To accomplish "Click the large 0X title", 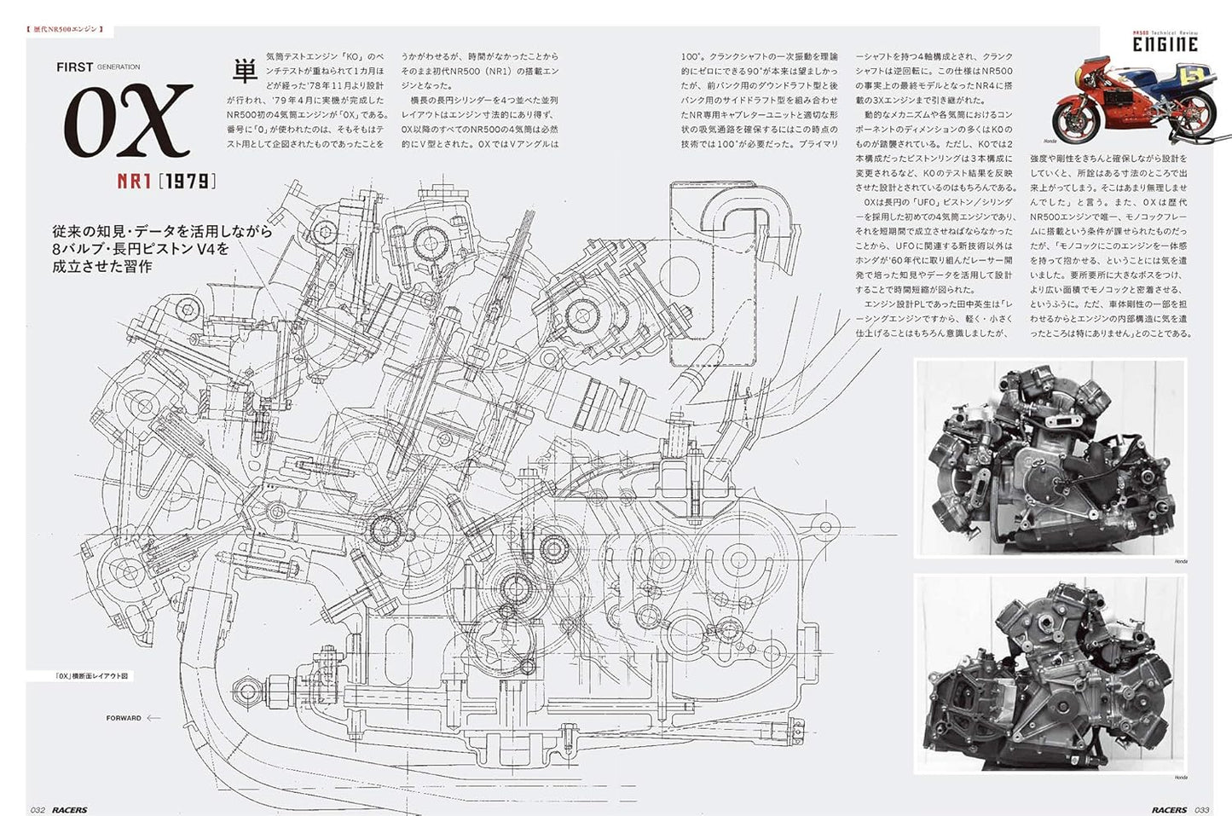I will (129, 121).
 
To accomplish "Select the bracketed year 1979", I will (187, 182).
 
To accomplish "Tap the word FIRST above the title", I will (74, 67).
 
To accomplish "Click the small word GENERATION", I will (119, 67).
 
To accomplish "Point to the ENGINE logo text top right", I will (1165, 44).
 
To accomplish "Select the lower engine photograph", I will (1050, 673).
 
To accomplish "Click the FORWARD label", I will (124, 718).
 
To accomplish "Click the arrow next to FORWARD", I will (153, 718).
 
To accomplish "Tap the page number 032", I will (38, 809).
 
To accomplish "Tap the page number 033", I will (1201, 809).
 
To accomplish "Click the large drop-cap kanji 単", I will (245, 71).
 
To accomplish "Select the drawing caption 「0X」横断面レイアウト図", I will (93, 676).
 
